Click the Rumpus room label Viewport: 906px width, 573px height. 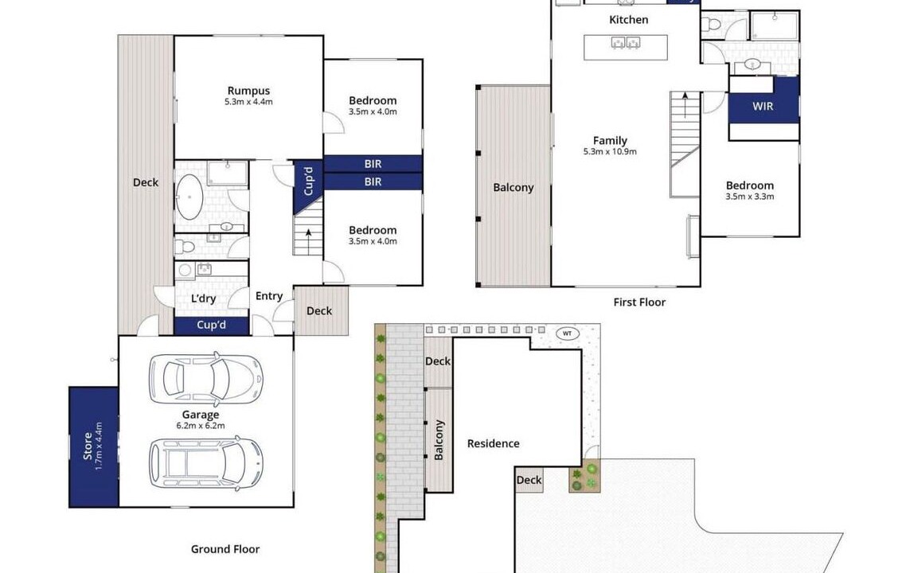[248, 91]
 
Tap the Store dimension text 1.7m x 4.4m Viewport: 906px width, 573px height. [99, 446]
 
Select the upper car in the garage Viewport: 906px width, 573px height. [205, 379]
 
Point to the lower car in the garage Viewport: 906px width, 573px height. [206, 463]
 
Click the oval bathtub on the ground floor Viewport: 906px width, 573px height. [189, 197]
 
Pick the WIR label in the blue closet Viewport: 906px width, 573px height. [763, 107]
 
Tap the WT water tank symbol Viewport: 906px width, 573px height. [567, 333]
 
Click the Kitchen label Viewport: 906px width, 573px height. [629, 20]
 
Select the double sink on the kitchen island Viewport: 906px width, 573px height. [626, 42]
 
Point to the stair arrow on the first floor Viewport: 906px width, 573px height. [685, 104]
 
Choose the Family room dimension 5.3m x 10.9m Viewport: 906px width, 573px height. [610, 152]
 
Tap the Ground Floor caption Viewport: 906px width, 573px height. [225, 549]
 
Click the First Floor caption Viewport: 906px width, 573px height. [639, 302]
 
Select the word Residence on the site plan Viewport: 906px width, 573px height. [494, 443]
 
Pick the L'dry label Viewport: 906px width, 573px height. [203, 298]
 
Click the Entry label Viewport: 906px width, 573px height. [269, 296]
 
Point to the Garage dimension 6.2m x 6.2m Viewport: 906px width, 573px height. [201, 426]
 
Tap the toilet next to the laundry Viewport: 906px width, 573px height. [185, 247]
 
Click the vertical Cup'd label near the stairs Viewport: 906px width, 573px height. [309, 181]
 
